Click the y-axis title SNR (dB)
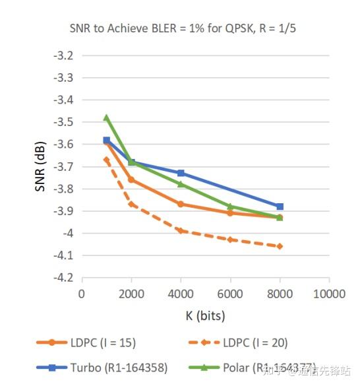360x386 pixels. point(40,166)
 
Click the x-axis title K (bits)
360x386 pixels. point(204,315)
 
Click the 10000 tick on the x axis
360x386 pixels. point(328,293)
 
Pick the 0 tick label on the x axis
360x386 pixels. point(82,293)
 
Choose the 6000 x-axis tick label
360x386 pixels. point(230,293)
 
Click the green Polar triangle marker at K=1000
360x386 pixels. point(107,117)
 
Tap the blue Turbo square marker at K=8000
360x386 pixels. point(280,207)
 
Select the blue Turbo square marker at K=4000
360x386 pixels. point(181,173)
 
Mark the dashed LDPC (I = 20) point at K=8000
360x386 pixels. point(280,246)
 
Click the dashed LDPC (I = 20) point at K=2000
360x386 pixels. point(131,204)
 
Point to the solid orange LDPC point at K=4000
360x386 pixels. point(181,204)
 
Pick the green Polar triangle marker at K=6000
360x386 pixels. point(230,207)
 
